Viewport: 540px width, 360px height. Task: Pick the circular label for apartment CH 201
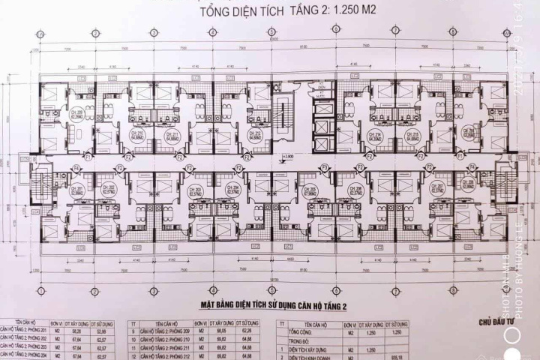coord(76,190)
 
